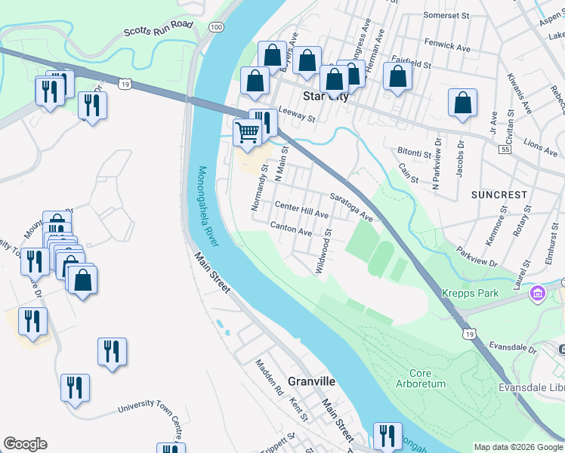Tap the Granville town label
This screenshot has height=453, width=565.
click(x=311, y=381)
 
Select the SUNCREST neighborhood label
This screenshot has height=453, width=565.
click(x=499, y=195)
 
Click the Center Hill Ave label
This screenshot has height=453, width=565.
click(x=301, y=210)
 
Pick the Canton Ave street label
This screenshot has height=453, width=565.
click(x=292, y=229)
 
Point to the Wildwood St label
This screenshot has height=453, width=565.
click(x=323, y=255)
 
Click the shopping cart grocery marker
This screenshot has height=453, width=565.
click(x=247, y=132)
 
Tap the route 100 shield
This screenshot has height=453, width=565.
click(x=217, y=26)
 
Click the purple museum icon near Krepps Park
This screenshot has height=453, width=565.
click(x=539, y=292)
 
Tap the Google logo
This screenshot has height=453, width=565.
click(x=25, y=444)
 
